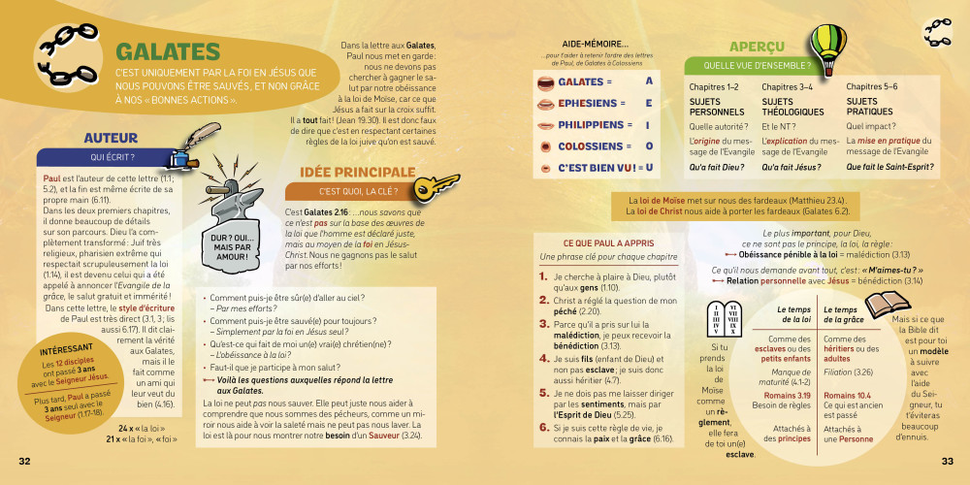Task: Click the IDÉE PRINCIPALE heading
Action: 357,173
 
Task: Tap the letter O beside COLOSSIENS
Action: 649,146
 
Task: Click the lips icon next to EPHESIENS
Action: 546,104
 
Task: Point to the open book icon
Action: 885,306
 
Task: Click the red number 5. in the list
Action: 544,394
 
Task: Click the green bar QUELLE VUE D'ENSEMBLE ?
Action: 758,66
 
